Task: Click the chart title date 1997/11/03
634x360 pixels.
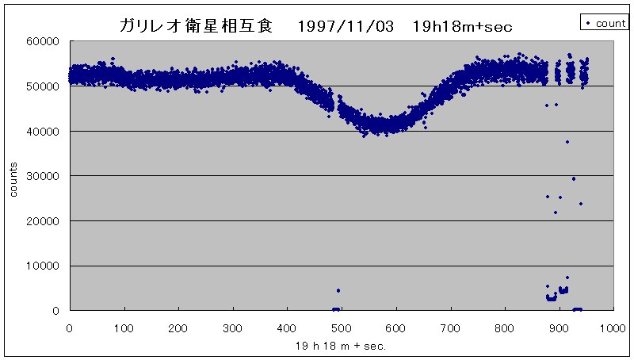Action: (x=346, y=25)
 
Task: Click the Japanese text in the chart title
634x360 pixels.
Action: (x=195, y=25)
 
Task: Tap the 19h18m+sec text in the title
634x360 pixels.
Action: (x=463, y=25)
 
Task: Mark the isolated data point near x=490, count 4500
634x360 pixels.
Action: (x=338, y=290)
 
